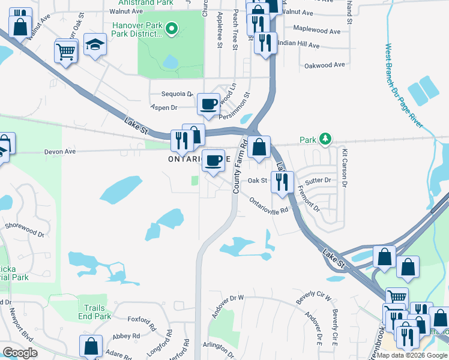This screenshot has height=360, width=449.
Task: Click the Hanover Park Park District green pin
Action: click(171, 28)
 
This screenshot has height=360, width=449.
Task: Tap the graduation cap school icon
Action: click(95, 45)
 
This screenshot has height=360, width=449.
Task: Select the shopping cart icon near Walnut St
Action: click(66, 51)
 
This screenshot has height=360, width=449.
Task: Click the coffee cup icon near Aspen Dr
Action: click(208, 104)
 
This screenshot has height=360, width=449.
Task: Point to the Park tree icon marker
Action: click(325, 139)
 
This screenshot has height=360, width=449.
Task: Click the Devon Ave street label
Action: click(60, 152)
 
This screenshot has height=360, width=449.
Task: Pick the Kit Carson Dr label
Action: click(346, 169)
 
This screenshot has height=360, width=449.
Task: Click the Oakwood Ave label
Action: click(325, 65)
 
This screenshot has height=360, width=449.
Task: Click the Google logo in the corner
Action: click(20, 353)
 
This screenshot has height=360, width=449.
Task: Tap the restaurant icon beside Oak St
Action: click(282, 181)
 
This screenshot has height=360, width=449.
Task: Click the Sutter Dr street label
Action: click(318, 180)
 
